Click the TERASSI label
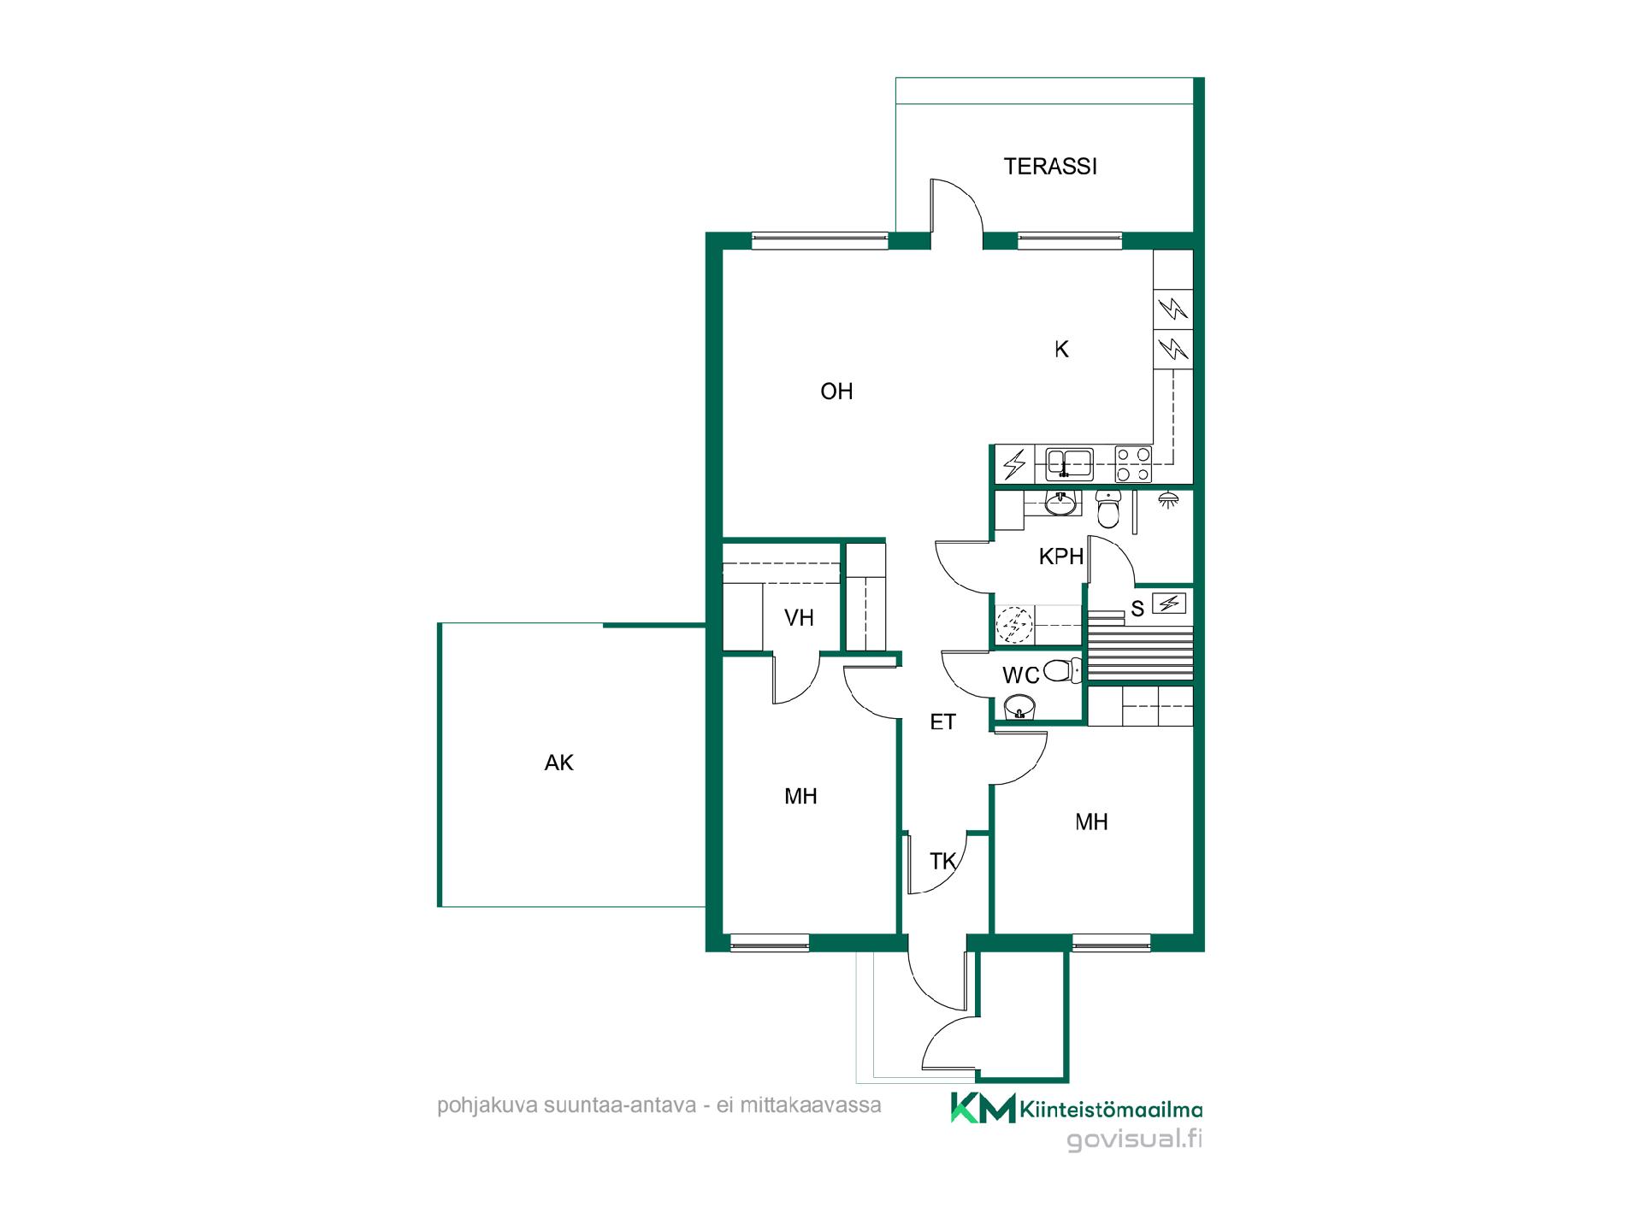tap(1050, 166)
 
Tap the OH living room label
tap(836, 392)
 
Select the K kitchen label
tap(1061, 349)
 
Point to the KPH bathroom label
tap(1061, 557)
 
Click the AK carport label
tap(558, 763)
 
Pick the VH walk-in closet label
tap(799, 617)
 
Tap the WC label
tap(1020, 675)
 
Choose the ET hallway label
tap(942, 722)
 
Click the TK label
tap(942, 862)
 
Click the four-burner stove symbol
tap(1133, 464)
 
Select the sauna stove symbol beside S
tap(1169, 604)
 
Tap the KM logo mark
tap(983, 1108)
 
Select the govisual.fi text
tap(1135, 1140)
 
